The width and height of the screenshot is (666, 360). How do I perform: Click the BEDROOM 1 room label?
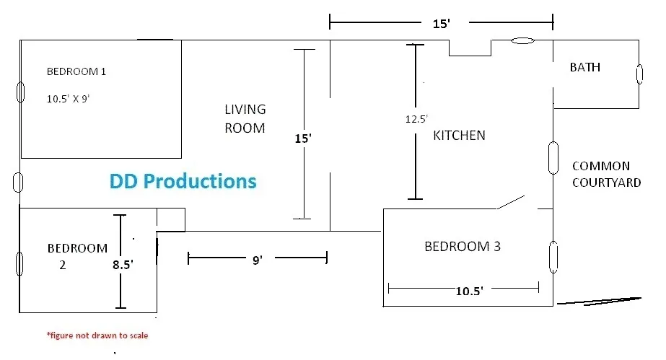pos(76,71)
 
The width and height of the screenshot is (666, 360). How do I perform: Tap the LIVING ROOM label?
pos(245,119)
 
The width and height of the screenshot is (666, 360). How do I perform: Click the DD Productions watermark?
pos(183,181)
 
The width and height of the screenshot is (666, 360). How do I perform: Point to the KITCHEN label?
pos(459,135)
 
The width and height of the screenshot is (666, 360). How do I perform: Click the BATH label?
pos(584,67)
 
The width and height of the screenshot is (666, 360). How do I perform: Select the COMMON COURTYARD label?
pos(605,174)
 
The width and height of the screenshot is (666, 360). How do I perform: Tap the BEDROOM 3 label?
pos(462,247)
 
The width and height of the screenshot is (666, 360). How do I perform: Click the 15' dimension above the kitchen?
pos(441,24)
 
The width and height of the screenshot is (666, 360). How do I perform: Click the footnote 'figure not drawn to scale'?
pos(97,335)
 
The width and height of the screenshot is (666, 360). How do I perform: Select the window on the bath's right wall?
pos(639,74)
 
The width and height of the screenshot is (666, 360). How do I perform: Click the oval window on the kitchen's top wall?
pos(522,41)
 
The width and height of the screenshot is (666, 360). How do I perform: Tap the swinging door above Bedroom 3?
pos(511,203)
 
